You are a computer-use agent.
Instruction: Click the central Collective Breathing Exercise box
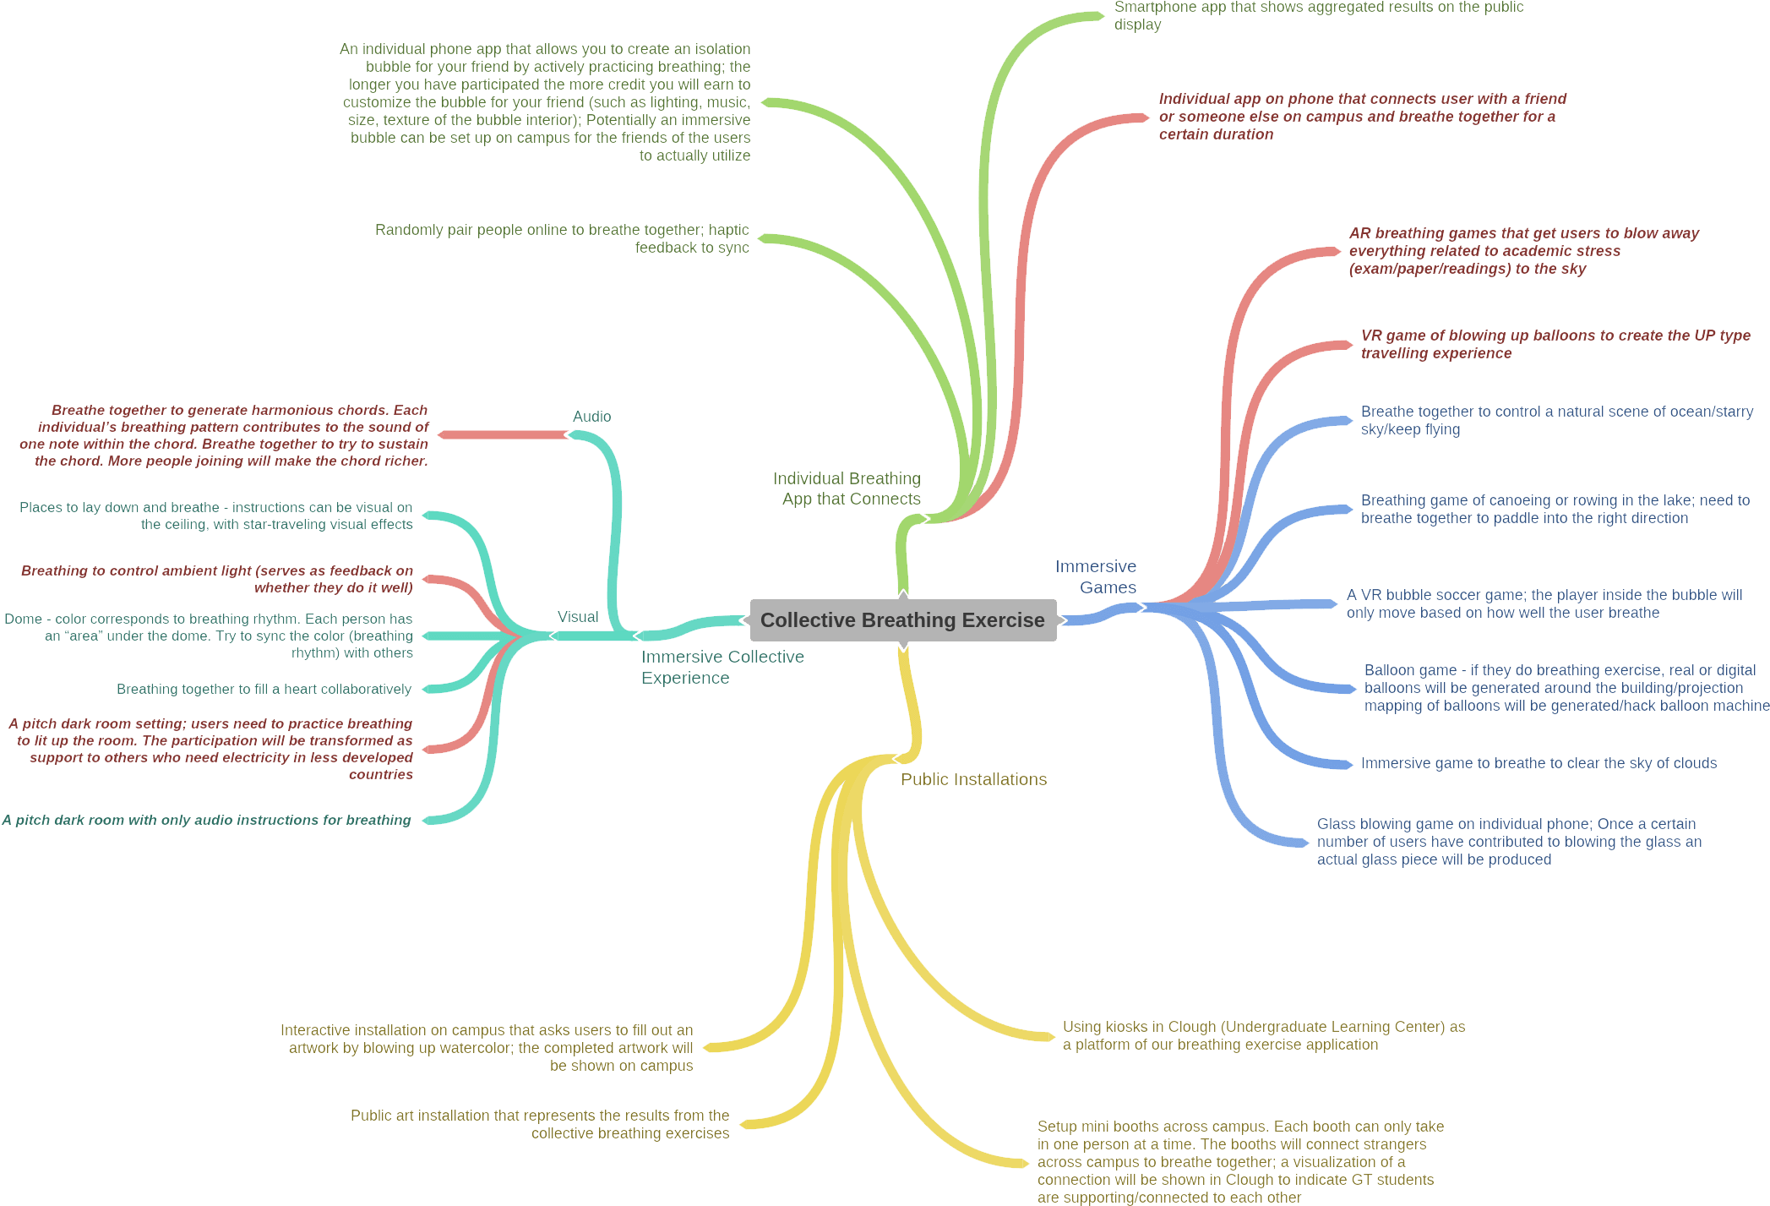[x=902, y=620]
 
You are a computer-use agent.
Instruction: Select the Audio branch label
[x=591, y=417]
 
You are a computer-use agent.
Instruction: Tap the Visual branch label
[x=578, y=617]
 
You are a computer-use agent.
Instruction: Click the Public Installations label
[x=973, y=779]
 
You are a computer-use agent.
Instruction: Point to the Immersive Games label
[x=1097, y=576]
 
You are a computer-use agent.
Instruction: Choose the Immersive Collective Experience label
[x=722, y=667]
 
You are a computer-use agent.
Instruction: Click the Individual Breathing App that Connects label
[x=847, y=488]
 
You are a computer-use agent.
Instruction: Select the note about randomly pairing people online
[x=563, y=238]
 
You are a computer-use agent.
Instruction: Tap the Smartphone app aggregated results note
[x=1319, y=15]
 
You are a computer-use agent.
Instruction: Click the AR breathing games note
[x=1523, y=251]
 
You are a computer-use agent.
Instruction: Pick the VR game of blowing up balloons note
[x=1555, y=344]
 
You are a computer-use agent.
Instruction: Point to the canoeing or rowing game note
[x=1555, y=509]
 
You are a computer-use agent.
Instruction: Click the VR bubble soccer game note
[x=1544, y=603]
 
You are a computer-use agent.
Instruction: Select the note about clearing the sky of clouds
[x=1539, y=763]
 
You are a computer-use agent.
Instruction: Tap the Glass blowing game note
[x=1509, y=841]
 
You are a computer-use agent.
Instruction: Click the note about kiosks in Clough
[x=1263, y=1035]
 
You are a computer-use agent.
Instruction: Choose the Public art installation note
[x=541, y=1124]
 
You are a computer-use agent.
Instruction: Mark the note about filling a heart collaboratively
[x=264, y=689]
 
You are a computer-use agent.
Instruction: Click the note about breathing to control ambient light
[x=218, y=579]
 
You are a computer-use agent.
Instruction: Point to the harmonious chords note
[x=224, y=435]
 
